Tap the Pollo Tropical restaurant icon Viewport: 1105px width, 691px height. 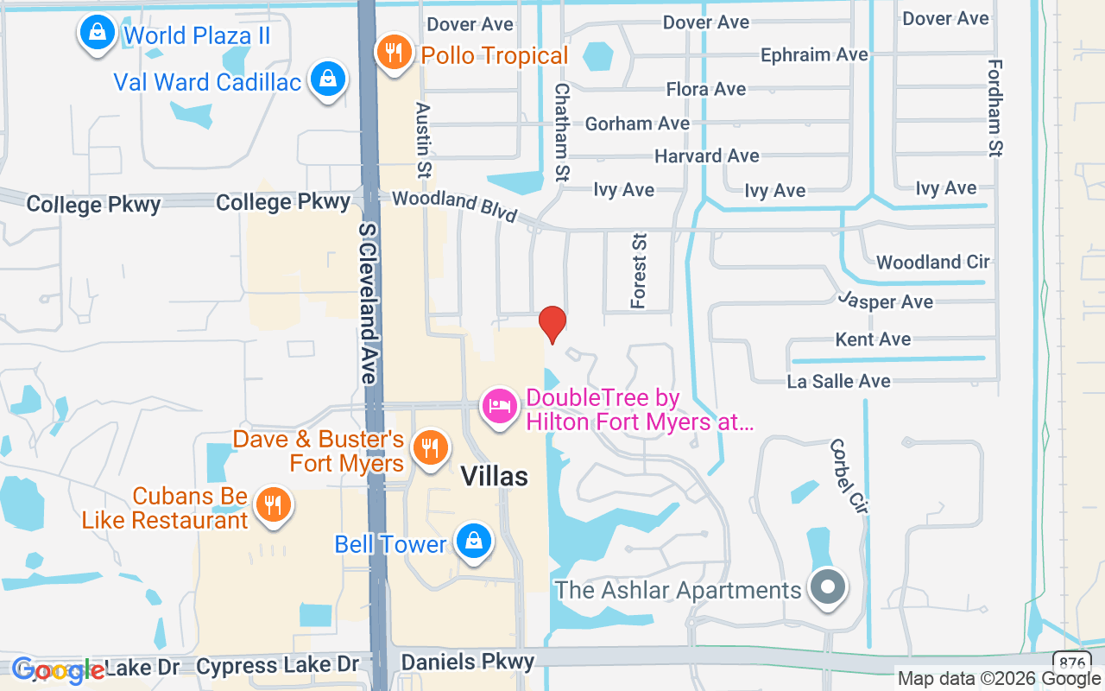(x=394, y=54)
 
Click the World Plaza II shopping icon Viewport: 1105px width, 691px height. (x=98, y=34)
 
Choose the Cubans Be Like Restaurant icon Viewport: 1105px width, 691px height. (x=274, y=505)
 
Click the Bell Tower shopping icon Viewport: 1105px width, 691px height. (x=473, y=542)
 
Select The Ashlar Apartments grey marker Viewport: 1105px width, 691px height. (x=828, y=586)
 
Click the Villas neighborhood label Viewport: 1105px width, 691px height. (x=494, y=476)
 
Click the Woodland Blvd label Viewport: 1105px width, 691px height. (x=454, y=206)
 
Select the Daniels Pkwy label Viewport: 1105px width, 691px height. (x=469, y=662)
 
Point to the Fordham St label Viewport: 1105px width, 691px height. (x=995, y=108)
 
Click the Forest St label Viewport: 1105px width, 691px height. (x=639, y=269)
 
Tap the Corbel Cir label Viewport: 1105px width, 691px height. (x=847, y=477)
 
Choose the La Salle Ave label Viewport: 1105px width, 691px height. (x=838, y=381)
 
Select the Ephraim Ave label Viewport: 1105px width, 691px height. (x=814, y=55)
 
